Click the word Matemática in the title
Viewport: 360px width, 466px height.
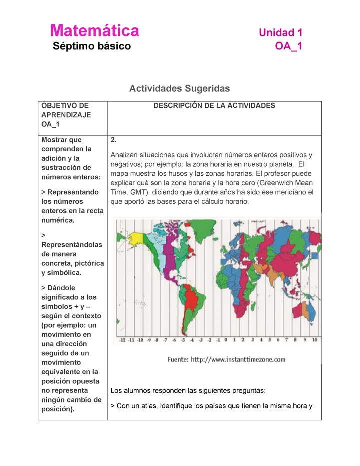pos(94,31)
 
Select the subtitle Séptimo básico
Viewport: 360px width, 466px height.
pos(92,46)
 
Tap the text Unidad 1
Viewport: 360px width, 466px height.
pos(280,33)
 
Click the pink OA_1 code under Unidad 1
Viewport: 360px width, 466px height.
pos(288,46)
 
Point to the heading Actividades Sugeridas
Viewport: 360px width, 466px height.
pos(179,88)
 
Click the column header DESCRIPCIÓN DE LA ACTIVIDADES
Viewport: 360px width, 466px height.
pos(214,106)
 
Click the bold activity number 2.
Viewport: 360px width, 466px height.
pos(113,140)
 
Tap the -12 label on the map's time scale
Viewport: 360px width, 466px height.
pos(120,340)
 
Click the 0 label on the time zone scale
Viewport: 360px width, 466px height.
pos(225,340)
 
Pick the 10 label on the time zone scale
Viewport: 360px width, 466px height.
pos(314,340)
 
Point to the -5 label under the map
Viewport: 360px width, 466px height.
pos(183,340)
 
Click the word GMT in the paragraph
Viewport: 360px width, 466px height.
pos(137,192)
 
